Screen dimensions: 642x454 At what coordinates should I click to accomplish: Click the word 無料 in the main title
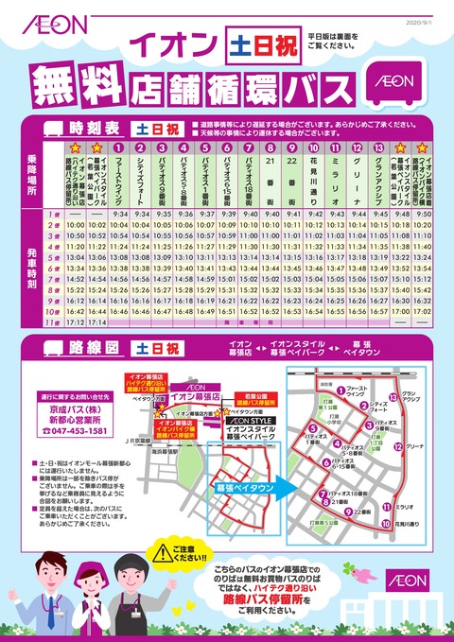coord(79,85)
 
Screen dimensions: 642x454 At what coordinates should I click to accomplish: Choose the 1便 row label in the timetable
coord(55,214)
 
